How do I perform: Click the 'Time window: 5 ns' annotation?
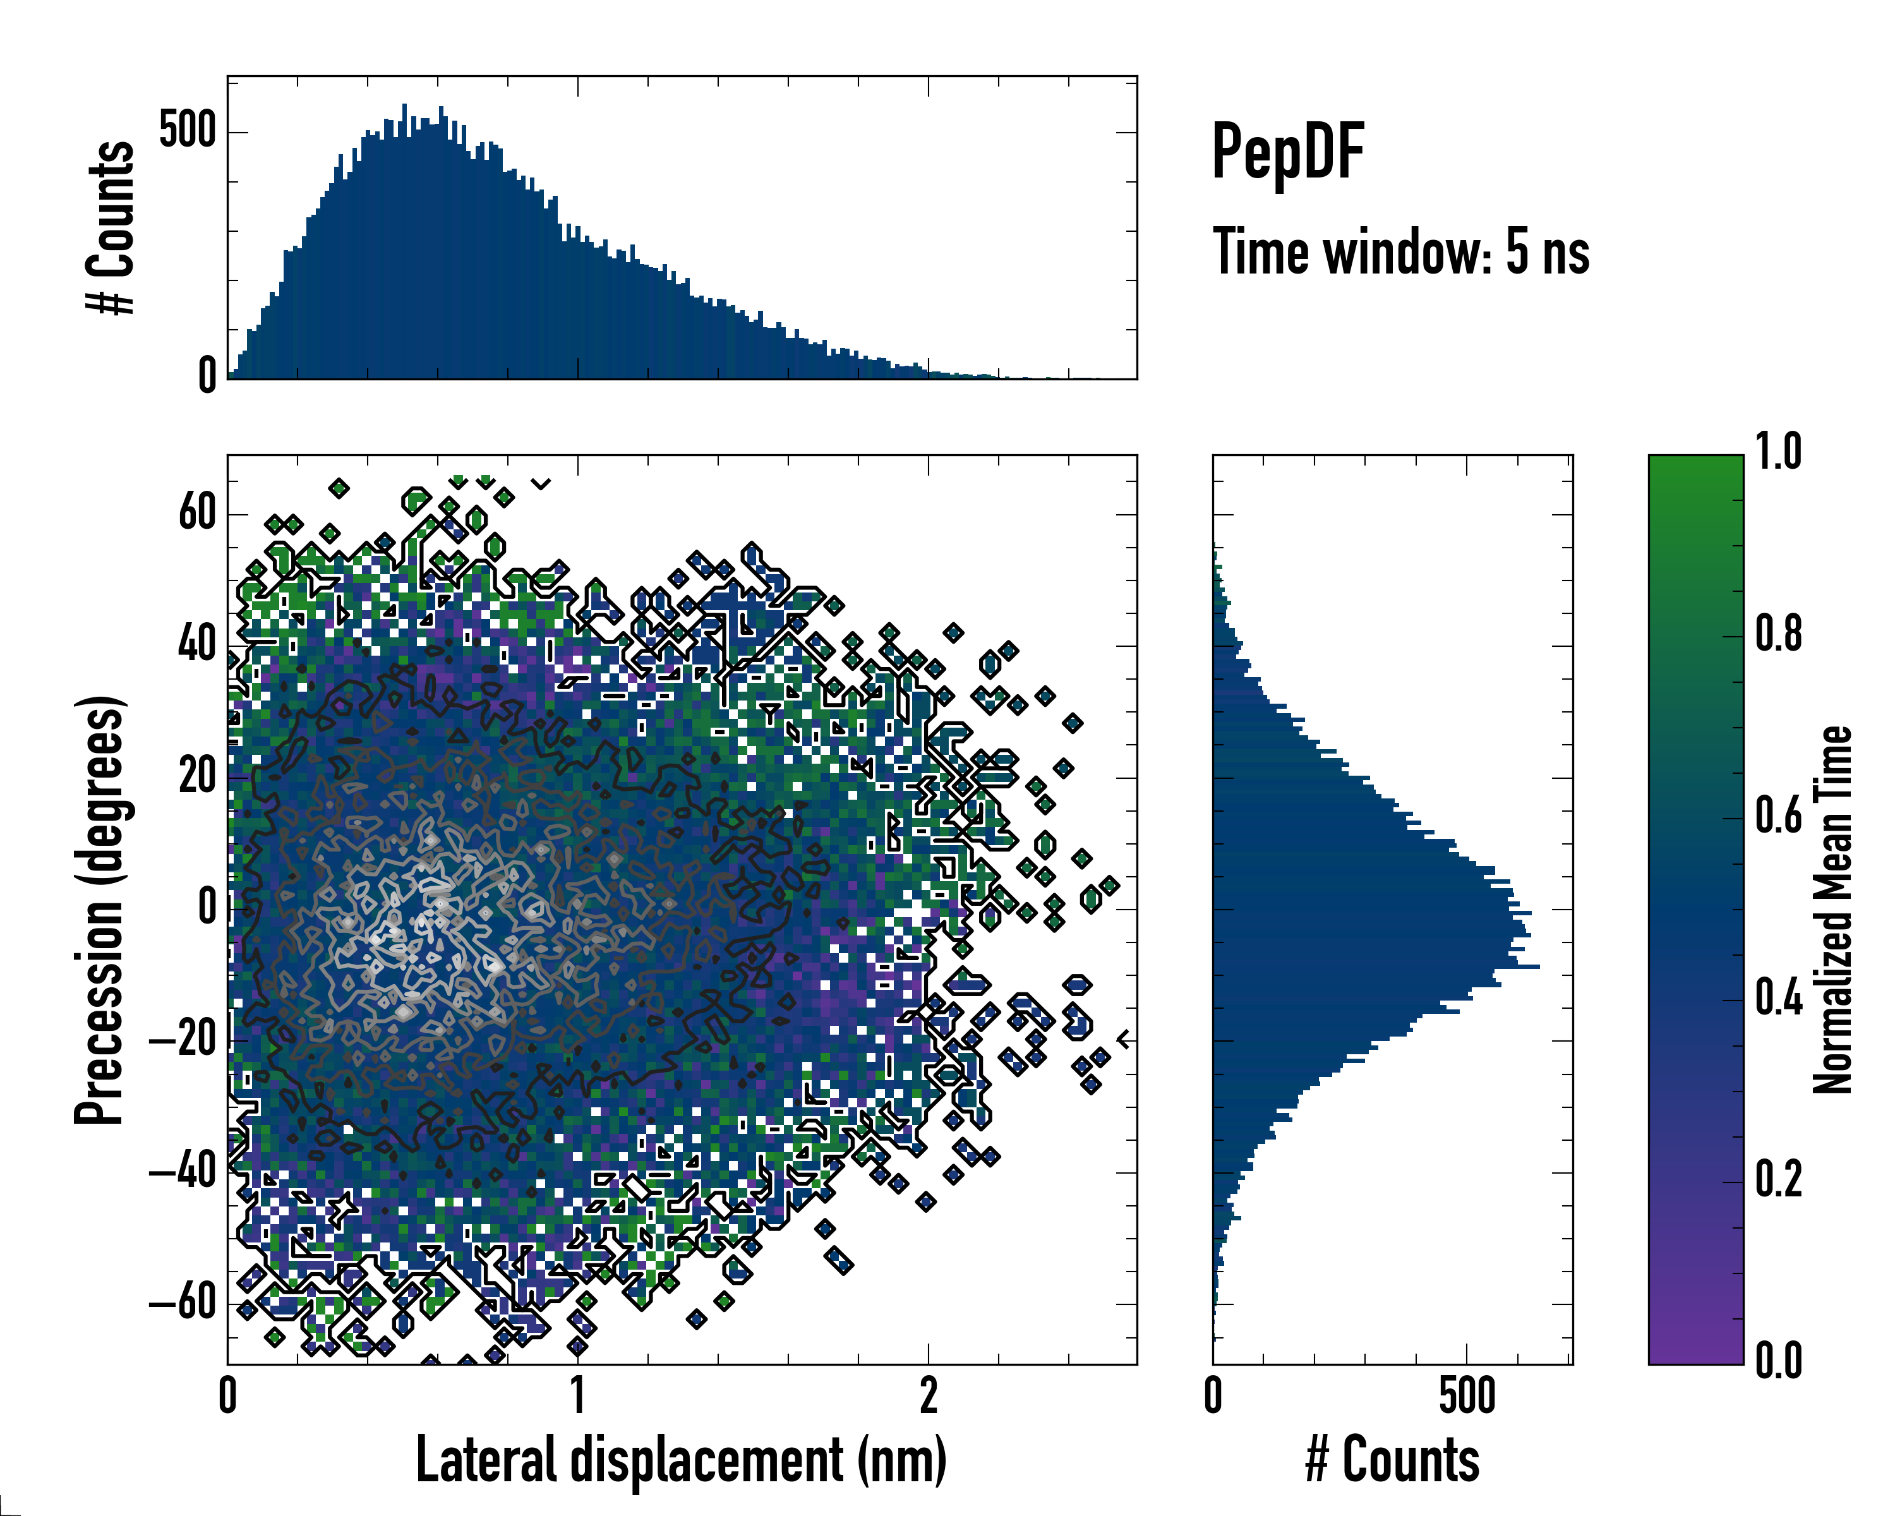[1400, 252]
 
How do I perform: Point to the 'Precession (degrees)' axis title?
[99, 910]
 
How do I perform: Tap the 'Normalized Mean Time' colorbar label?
[1832, 910]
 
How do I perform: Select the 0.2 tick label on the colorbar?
[1778, 1179]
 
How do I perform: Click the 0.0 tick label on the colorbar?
[1778, 1361]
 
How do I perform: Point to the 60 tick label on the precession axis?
[197, 514]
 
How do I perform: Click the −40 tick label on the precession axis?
[183, 1172]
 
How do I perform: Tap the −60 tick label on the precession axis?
[183, 1302]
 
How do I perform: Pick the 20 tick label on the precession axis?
[197, 777]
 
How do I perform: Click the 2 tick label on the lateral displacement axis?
[928, 1395]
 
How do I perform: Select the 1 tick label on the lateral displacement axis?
[577, 1395]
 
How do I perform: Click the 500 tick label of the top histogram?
[187, 132]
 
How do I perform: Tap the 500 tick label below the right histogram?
[1466, 1395]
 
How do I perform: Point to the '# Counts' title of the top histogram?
[111, 227]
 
